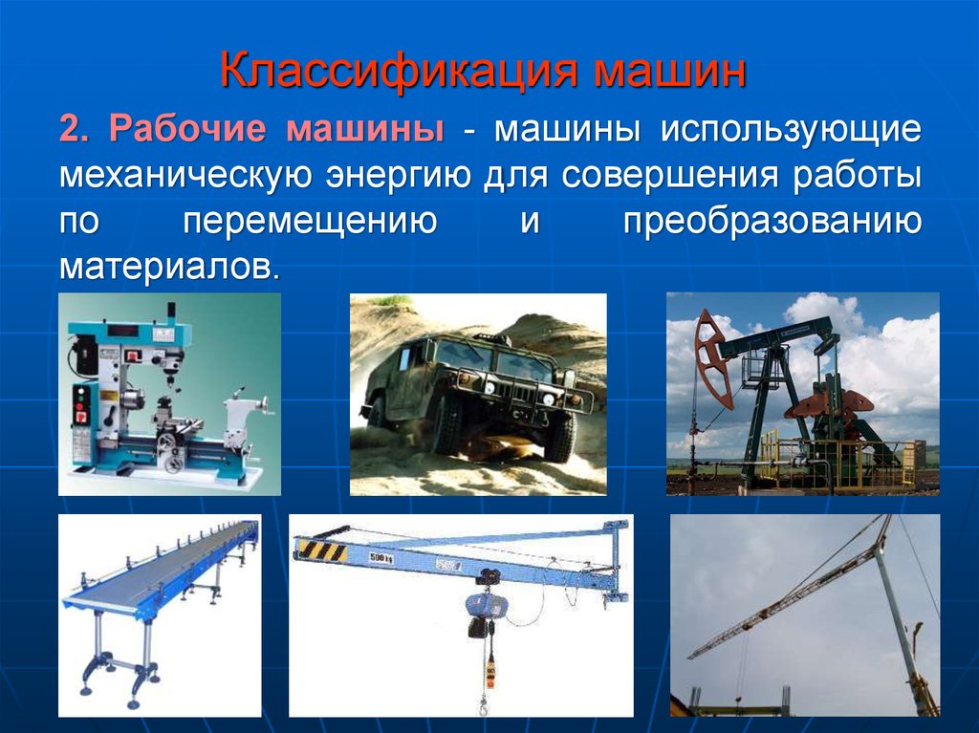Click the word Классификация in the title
(x=399, y=71)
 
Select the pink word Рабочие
(x=187, y=129)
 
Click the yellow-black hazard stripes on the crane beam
(x=323, y=550)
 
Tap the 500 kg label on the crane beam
(x=381, y=557)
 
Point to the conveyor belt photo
(x=160, y=615)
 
